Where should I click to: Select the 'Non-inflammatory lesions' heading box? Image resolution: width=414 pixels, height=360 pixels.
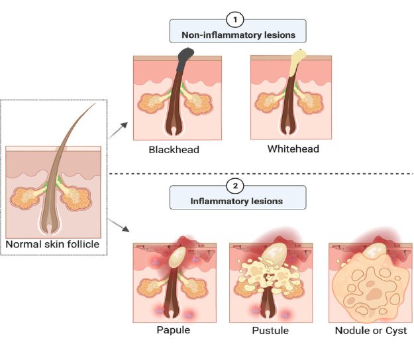[x=238, y=34]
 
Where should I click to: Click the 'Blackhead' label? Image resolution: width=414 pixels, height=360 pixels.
[x=174, y=150]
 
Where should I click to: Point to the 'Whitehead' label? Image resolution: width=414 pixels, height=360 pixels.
[x=293, y=149]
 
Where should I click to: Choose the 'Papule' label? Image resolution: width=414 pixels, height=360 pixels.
[x=174, y=330]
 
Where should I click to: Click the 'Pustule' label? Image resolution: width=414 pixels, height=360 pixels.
[x=270, y=330]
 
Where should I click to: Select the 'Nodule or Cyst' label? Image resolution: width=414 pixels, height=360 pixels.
[x=371, y=330]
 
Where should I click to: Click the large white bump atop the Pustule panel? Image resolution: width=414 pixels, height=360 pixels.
[x=275, y=251]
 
